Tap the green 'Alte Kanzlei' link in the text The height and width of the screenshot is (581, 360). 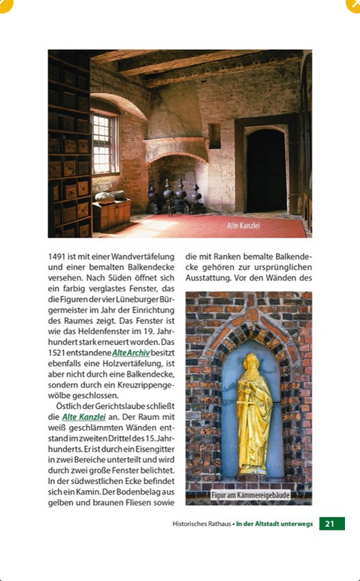click(83, 416)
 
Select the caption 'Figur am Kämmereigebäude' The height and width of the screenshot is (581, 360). click(250, 495)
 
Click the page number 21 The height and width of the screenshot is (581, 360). click(331, 524)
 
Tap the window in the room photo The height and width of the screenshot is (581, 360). click(104, 143)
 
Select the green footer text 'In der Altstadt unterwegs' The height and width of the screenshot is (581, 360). click(274, 524)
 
